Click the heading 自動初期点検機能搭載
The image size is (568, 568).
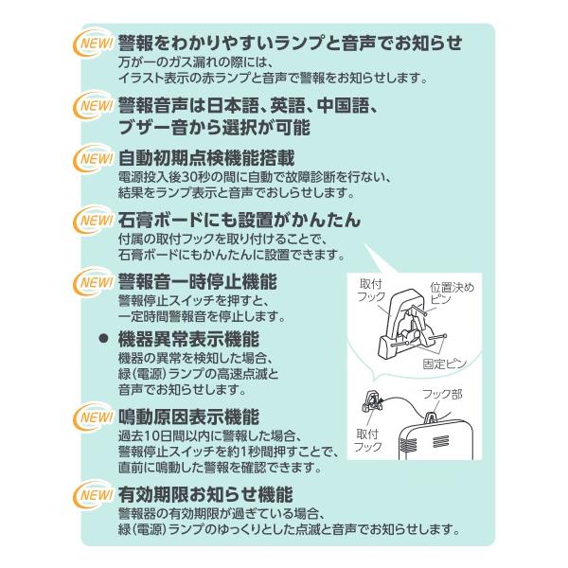click(x=206, y=158)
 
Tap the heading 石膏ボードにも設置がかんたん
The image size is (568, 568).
click(x=240, y=220)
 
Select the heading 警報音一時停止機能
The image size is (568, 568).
click(x=198, y=281)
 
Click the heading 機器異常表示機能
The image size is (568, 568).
click(x=188, y=339)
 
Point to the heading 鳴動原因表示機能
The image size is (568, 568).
click(x=188, y=417)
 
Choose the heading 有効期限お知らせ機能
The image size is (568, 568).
click(x=205, y=494)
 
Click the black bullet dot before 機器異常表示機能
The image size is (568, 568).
click(x=104, y=339)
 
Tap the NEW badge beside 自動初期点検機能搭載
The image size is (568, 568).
click(x=93, y=159)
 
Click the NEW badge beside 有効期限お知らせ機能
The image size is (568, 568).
click(x=93, y=495)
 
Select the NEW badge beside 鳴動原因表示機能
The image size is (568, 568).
click(x=93, y=417)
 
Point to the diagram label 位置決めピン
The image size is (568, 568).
click(x=452, y=293)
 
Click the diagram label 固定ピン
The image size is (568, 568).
click(x=445, y=364)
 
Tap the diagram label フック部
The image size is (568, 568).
click(x=442, y=394)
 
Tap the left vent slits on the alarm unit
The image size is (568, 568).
click(x=408, y=442)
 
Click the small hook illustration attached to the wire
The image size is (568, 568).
click(x=372, y=401)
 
